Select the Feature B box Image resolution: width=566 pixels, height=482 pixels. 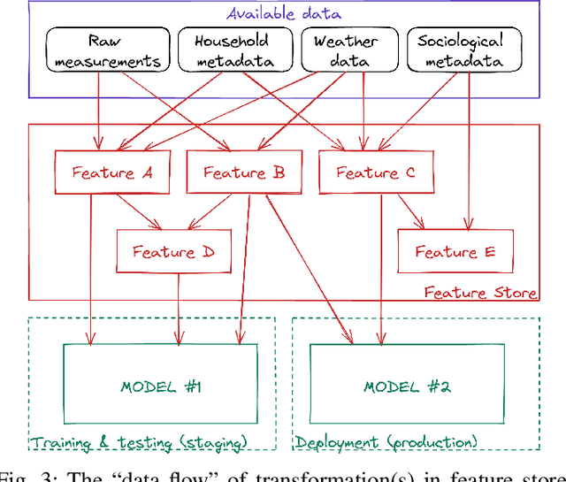tap(243, 172)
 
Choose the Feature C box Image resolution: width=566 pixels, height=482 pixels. tap(376, 172)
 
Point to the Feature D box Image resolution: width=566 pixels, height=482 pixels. tap(173, 251)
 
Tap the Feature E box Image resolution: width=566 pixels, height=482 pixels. tap(455, 251)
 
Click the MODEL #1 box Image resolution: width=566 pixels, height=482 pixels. tap(160, 386)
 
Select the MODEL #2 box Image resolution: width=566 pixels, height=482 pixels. tap(407, 386)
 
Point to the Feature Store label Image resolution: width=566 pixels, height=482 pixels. tap(480, 292)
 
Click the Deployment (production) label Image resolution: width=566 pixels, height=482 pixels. tap(386, 442)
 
